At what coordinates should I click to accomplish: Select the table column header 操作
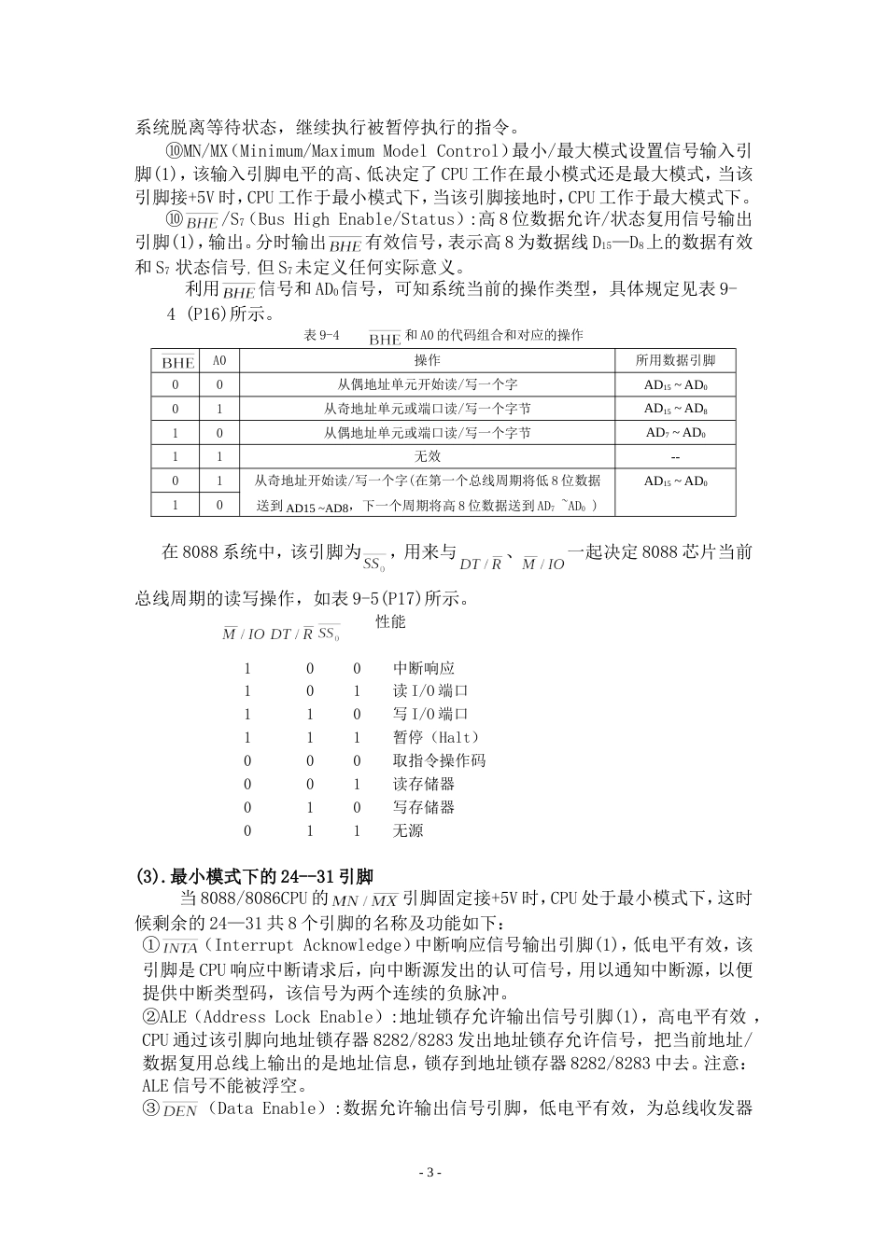click(x=427, y=360)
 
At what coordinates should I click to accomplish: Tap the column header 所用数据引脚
click(x=675, y=360)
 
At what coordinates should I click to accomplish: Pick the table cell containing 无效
click(x=427, y=456)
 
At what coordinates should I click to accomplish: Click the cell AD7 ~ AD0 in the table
click(x=675, y=433)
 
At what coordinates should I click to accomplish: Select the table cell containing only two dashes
click(x=675, y=457)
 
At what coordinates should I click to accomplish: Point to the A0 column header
click(x=219, y=360)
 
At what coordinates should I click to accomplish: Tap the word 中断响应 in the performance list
click(x=423, y=668)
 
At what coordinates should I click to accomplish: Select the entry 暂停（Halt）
click(x=432, y=737)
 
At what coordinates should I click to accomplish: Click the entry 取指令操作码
click(x=439, y=760)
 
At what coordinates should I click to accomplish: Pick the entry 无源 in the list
click(x=408, y=830)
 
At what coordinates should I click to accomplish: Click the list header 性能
click(x=390, y=621)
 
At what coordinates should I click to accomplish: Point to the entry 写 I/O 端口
click(x=430, y=714)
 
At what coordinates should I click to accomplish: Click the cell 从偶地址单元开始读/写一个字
click(x=427, y=384)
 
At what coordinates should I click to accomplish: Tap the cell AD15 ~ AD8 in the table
click(x=675, y=409)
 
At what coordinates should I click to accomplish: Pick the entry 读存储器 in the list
click(x=423, y=784)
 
